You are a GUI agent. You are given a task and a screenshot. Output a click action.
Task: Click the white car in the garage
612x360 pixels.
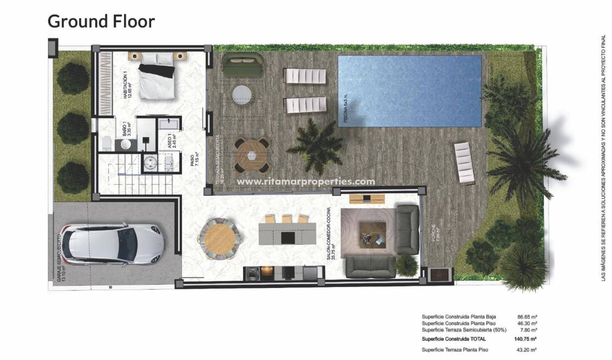pyautogui.click(x=114, y=245)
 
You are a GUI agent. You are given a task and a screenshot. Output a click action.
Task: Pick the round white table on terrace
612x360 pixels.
pyautogui.click(x=242, y=95)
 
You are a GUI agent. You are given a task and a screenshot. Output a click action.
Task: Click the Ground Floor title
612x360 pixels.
pyautogui.click(x=101, y=22)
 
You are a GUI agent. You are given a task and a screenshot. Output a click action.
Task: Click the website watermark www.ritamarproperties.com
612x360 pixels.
pyautogui.click(x=306, y=182)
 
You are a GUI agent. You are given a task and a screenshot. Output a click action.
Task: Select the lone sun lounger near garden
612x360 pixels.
pyautogui.click(x=464, y=161)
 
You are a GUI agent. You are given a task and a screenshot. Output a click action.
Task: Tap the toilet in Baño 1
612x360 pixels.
pyautogui.click(x=106, y=143)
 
